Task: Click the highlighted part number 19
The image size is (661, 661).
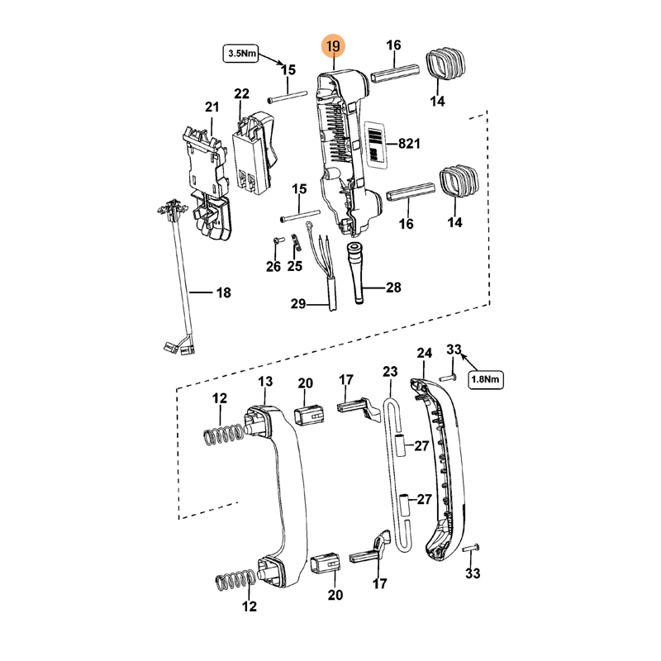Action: pos(333,45)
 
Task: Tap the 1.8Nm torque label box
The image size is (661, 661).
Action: pos(485,379)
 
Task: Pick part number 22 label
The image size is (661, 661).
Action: pos(241,93)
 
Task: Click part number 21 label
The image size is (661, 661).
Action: pos(212,107)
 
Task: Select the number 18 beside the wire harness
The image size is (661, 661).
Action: pos(223,292)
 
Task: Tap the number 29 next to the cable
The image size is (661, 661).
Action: pos(298,304)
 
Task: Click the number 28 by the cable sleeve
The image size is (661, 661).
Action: pos(393,288)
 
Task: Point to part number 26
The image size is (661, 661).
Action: pos(273,265)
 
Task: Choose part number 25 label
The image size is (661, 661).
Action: pos(295,265)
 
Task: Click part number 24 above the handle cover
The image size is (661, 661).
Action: pos(424,353)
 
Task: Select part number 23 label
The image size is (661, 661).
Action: pos(390,372)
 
